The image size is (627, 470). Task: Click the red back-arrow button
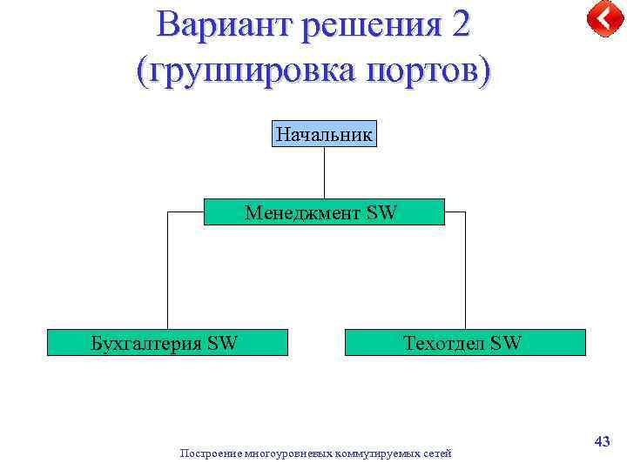[x=603, y=18]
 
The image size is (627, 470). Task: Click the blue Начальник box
[x=324, y=134]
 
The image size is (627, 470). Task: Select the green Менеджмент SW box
[x=324, y=211]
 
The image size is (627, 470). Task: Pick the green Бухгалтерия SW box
[x=167, y=343]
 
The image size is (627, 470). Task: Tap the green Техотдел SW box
[x=465, y=343]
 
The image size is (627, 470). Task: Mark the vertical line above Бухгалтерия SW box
[x=167, y=270]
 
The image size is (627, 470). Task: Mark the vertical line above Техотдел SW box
[x=465, y=270]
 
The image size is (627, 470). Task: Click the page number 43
[x=602, y=442]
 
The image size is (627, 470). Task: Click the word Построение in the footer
[x=211, y=453]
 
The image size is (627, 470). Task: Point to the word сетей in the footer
[x=437, y=453]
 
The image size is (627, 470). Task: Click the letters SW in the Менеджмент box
[x=381, y=211]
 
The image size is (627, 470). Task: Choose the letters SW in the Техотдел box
[x=506, y=343]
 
